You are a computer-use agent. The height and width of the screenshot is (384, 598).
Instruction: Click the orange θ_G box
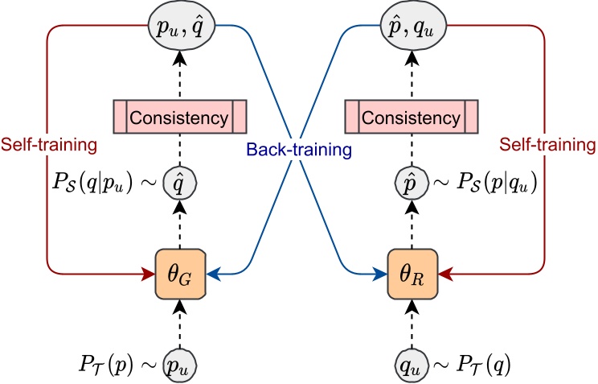pos(180,274)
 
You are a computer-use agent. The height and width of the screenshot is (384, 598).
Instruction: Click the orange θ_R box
pos(412,274)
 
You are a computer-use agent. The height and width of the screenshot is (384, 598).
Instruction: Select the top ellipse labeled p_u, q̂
pos(182,26)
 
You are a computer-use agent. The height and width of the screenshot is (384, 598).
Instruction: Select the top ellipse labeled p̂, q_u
pos(413,26)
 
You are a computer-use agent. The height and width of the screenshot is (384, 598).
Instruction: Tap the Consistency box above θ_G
pos(180,117)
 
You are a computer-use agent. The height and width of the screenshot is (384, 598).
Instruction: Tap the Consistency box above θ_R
pos(412,117)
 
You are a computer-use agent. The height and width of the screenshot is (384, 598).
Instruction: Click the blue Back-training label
pos(299,150)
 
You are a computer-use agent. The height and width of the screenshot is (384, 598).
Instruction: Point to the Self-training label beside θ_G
pos(49,145)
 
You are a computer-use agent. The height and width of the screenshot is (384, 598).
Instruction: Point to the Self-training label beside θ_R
pos(547,145)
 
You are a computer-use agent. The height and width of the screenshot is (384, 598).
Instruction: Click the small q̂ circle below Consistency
pos(180,183)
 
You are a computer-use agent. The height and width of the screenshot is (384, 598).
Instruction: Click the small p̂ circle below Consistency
pos(412,183)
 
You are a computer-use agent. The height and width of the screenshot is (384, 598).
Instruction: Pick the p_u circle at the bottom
pos(180,365)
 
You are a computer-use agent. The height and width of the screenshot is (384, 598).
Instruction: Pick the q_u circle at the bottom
pos(412,365)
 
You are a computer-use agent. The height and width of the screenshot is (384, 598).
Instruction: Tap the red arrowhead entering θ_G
pos(148,274)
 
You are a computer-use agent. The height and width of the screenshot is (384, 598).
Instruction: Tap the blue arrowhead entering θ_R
pos(380,274)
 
